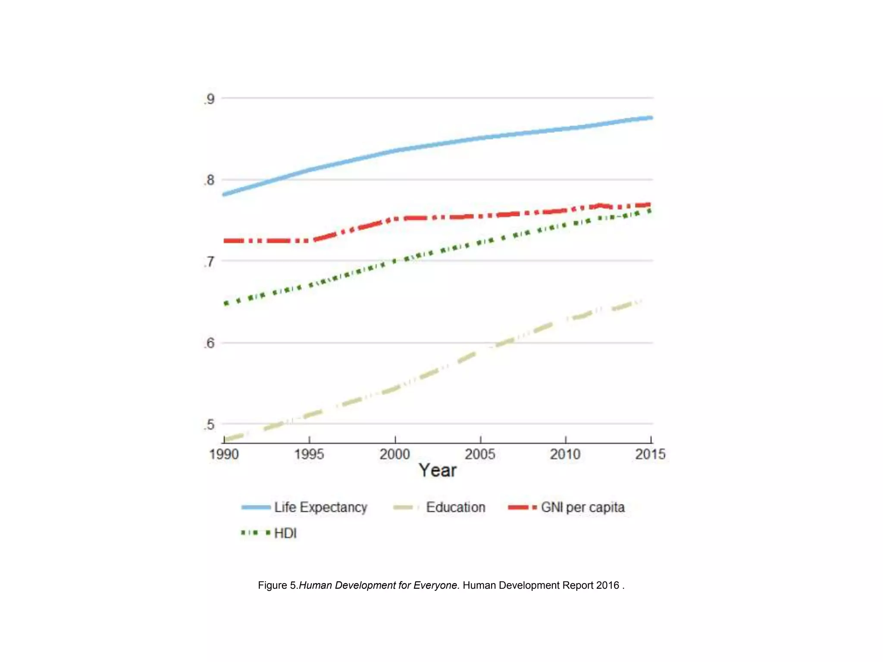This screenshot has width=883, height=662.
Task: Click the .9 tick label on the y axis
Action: pos(210,99)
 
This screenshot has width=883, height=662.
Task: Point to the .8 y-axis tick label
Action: pos(210,180)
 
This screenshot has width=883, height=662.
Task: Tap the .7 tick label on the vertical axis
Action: pos(210,262)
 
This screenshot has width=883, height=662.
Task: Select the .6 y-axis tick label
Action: pos(210,343)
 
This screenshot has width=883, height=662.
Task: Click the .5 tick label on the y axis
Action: pos(210,425)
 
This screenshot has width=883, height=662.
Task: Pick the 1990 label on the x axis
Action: pos(224,454)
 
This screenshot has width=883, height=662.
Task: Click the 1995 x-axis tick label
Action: pos(309,454)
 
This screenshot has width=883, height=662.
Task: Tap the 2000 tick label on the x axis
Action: pos(395,454)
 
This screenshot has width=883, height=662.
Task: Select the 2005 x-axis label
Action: pos(480,454)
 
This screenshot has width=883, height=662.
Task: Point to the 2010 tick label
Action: pos(565,454)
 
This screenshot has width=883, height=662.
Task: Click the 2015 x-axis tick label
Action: pos(650,454)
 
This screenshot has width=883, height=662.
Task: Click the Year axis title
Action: pos(437,470)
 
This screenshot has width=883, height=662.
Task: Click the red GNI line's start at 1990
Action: pos(225,240)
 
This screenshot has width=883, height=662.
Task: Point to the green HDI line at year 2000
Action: pos(395,261)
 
